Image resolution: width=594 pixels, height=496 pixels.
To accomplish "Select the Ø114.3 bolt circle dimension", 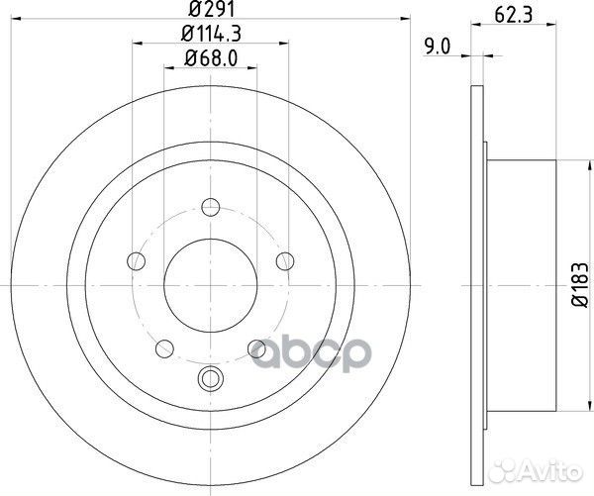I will point(210,38).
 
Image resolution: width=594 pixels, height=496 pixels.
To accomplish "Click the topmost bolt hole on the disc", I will point(209,207).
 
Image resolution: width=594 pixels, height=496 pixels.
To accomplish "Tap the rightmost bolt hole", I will point(285,261).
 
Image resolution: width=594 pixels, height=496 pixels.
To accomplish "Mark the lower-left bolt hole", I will point(162,347).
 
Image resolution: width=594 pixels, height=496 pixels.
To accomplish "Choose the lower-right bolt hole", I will point(256,347).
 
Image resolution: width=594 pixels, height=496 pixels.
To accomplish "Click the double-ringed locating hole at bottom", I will point(209,376).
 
